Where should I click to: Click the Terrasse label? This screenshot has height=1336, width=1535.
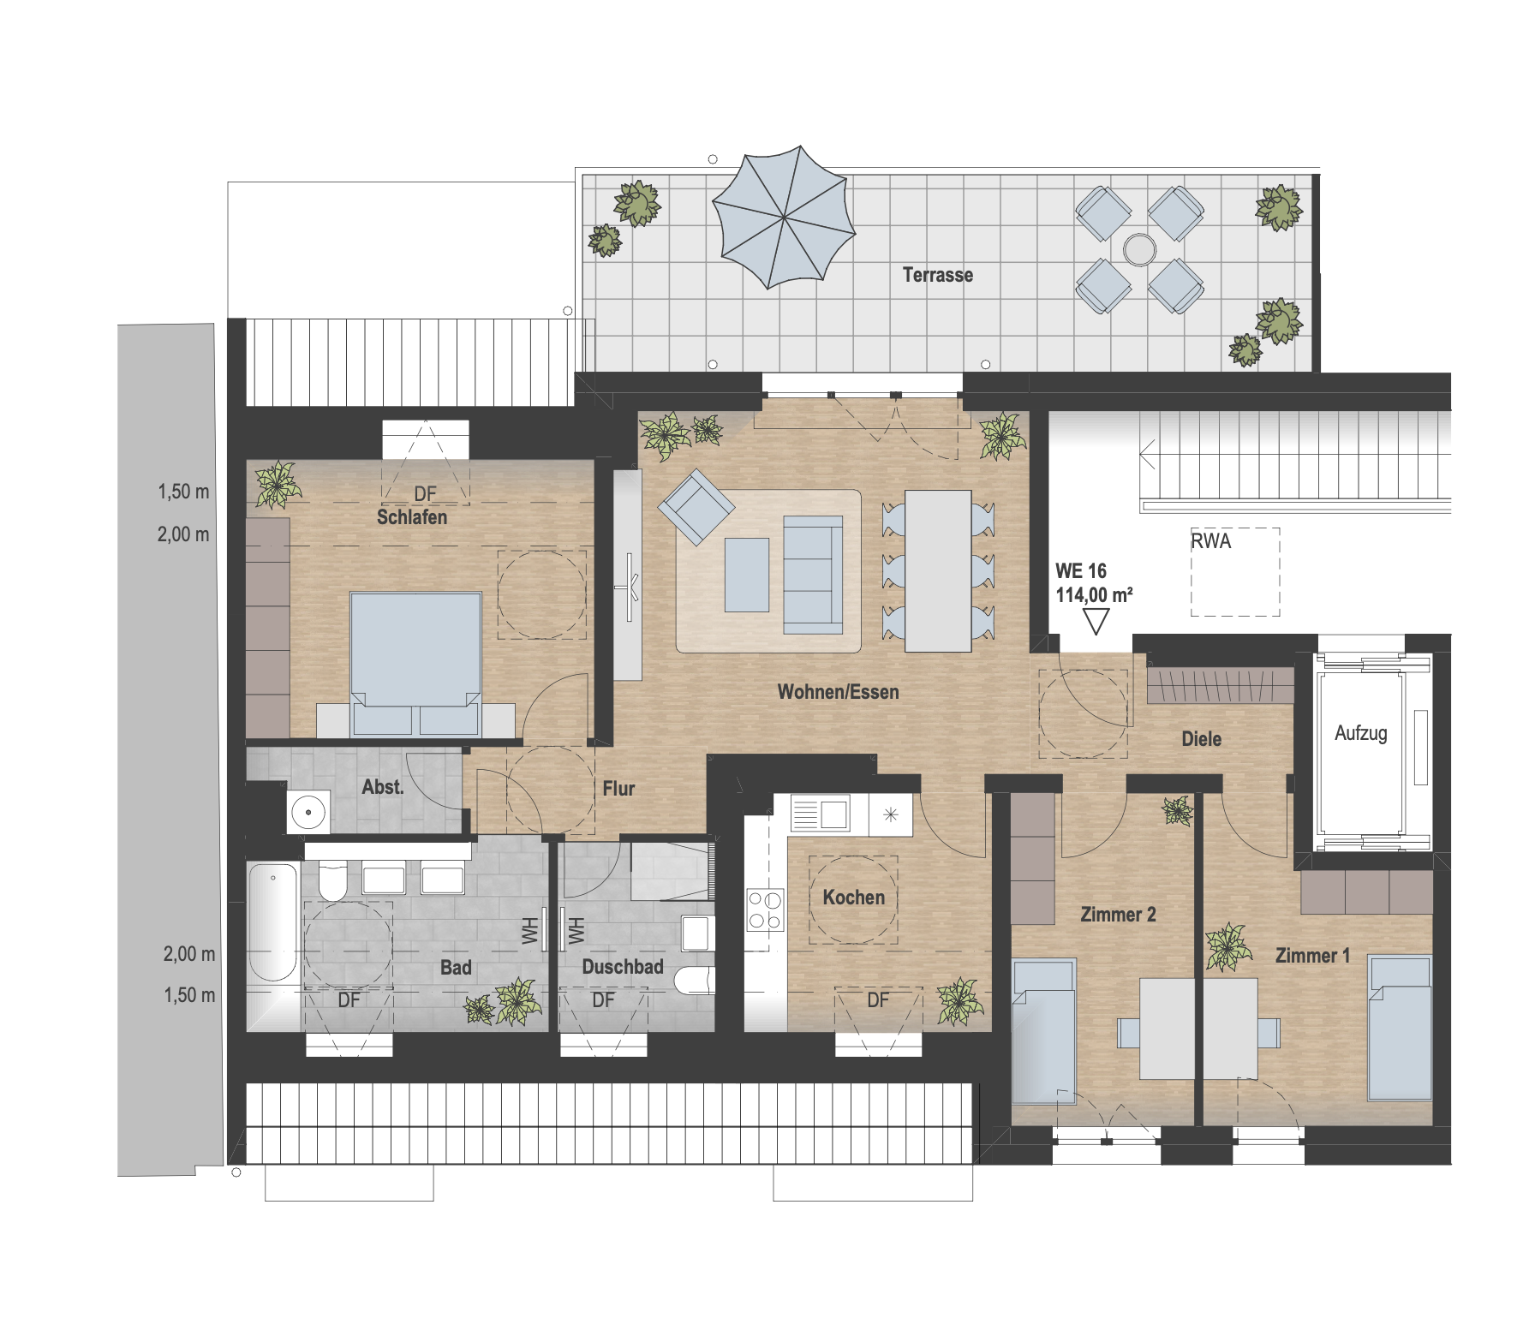point(938,275)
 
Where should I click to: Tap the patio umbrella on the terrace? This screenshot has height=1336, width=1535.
point(784,217)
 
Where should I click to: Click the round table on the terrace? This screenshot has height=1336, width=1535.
point(1139,249)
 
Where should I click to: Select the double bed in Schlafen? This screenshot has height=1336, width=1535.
point(415,664)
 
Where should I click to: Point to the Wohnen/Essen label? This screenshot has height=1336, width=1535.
point(838,692)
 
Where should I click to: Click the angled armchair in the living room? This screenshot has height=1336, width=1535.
point(696,507)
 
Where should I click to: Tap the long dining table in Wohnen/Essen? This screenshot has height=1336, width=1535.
point(938,570)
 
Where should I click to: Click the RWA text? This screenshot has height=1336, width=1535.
point(1210,541)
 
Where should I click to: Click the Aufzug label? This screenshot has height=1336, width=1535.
point(1360,733)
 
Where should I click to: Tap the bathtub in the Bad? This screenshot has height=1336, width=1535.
point(272,921)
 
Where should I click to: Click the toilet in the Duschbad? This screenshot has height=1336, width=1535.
point(694,981)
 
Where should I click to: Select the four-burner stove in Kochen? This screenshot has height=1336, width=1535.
point(765,910)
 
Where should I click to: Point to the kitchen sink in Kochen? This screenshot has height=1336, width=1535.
point(821,813)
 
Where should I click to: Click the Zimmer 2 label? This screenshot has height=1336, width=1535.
point(1118,915)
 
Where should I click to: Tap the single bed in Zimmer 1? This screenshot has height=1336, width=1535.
point(1400,1029)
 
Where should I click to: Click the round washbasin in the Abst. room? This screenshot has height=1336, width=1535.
point(308,812)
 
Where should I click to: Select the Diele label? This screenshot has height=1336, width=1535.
point(1201,739)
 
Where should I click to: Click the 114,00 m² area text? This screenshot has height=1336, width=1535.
point(1094,594)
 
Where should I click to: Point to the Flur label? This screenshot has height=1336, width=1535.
point(618,789)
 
